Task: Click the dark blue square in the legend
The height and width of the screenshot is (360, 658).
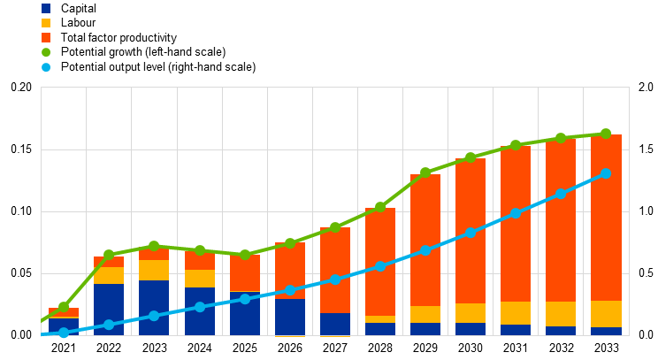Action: click(x=46, y=8)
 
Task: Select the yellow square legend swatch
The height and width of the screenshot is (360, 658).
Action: click(x=46, y=23)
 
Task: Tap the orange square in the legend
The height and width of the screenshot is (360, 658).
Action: click(x=46, y=37)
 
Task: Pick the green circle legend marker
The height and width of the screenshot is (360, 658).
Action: click(x=46, y=52)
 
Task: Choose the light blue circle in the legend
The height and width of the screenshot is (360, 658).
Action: click(x=46, y=67)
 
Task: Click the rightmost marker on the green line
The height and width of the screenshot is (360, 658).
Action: click(x=606, y=134)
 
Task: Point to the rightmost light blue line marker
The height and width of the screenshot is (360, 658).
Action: click(x=606, y=173)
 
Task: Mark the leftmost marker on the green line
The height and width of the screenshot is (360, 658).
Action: click(x=64, y=307)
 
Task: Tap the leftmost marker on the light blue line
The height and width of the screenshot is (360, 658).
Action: click(x=64, y=333)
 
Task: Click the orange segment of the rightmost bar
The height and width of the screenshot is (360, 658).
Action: click(x=606, y=217)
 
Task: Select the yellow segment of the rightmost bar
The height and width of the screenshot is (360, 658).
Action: click(x=606, y=314)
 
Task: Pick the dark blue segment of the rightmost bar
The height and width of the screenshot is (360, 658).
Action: click(x=606, y=331)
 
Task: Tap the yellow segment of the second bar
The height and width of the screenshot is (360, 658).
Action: click(x=109, y=275)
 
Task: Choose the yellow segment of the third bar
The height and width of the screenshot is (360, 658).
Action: click(x=154, y=270)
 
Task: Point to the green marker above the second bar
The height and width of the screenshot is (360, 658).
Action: click(x=109, y=255)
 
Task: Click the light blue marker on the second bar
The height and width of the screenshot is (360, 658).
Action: click(x=109, y=325)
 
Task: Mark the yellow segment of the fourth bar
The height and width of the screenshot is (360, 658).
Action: click(x=199, y=279)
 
